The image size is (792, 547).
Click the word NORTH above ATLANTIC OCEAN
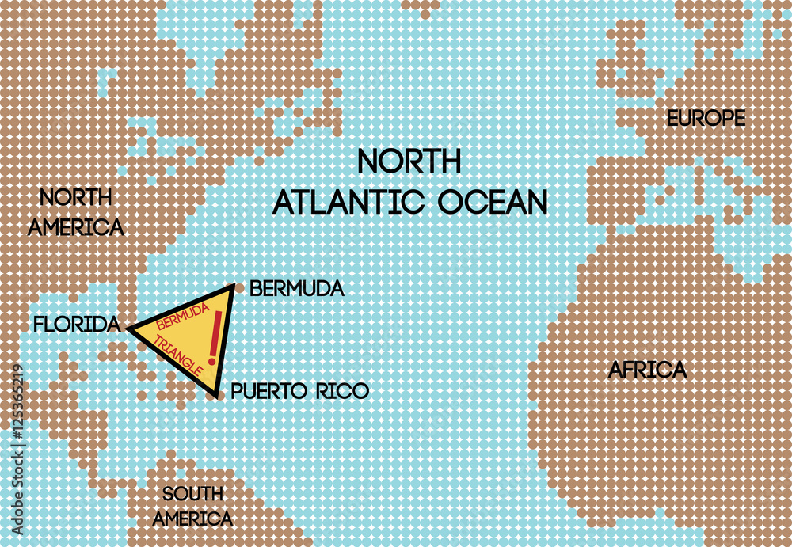(x=409, y=161)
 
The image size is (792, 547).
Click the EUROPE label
(x=706, y=119)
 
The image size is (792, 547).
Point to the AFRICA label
(x=647, y=370)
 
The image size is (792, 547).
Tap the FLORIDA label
(x=76, y=324)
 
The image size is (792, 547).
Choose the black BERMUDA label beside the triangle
(x=296, y=289)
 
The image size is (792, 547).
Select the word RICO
(x=342, y=391)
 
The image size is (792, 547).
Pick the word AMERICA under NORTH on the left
(x=76, y=228)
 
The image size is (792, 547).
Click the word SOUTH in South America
(x=192, y=495)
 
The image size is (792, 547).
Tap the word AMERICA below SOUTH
(x=192, y=519)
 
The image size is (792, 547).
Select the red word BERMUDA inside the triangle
(x=183, y=316)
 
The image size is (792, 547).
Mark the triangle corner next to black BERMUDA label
(x=232, y=287)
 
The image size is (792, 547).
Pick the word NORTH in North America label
(x=76, y=198)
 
